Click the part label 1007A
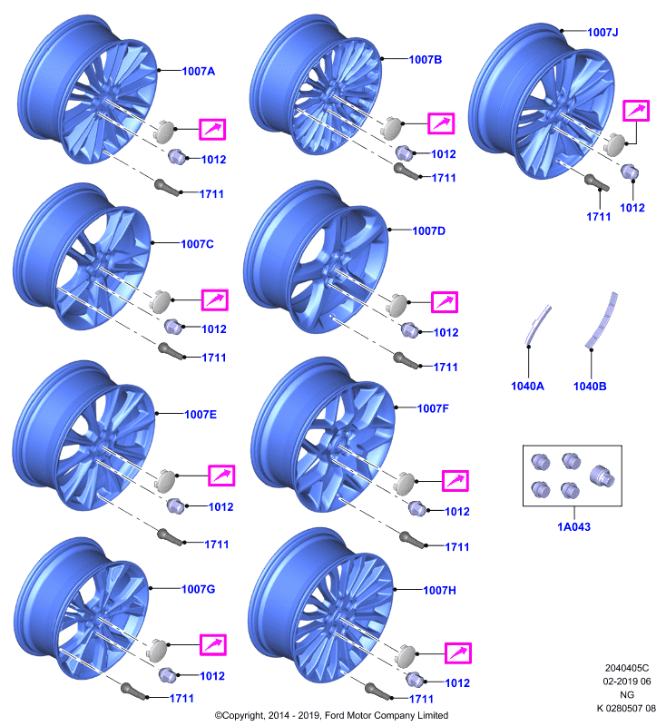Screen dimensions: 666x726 199,72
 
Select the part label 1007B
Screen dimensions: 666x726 426,60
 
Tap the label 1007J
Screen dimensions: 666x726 602,33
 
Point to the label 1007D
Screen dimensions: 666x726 428,231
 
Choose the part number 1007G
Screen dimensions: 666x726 198,589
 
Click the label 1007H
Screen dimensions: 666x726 440,591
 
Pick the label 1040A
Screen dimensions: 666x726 527,387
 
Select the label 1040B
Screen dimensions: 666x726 590,387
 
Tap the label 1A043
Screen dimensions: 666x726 573,527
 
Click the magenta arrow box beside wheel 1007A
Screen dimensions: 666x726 212,129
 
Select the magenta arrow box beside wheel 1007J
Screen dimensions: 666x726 636,111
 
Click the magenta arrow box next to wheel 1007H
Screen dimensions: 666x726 457,653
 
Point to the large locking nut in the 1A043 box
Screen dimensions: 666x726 602,476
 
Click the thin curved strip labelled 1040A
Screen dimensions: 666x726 538,325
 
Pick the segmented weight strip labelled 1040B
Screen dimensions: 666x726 602,320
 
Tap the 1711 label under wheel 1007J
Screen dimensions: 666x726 599,217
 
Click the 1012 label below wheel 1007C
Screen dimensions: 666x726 214,329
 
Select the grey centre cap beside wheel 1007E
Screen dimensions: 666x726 166,480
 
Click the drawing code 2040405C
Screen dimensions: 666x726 627,668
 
